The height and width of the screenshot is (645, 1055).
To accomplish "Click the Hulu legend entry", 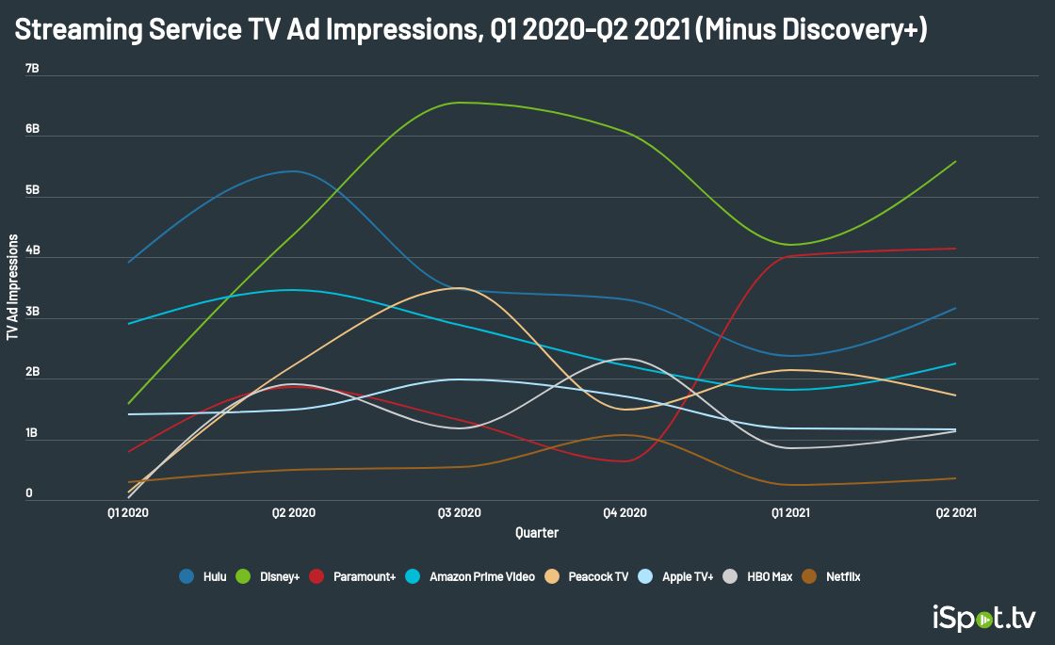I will [x=205, y=576].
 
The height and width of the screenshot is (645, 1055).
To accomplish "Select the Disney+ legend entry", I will [x=271, y=576].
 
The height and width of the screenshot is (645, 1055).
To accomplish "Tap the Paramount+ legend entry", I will [x=355, y=576].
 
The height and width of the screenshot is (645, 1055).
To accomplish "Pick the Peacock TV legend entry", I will [x=589, y=576].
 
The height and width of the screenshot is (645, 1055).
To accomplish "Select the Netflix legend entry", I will [x=835, y=576].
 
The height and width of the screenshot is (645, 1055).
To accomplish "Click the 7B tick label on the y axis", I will [x=32, y=69].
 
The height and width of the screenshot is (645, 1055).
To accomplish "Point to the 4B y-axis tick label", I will [x=32, y=251].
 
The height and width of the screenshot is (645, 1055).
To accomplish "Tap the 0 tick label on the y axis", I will [x=29, y=492].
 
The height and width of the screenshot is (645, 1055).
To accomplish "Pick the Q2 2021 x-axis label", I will [x=954, y=513].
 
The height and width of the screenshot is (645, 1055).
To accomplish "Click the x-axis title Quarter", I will [x=537, y=533].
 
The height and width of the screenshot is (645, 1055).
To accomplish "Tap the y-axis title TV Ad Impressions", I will [x=12, y=287].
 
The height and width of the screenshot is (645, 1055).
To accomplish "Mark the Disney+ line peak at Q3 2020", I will [x=460, y=103].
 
